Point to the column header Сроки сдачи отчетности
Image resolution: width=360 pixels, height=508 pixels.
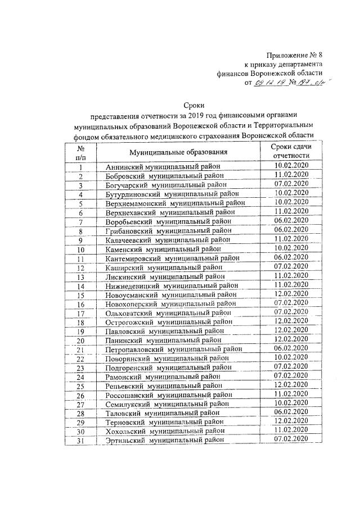click(x=291, y=151)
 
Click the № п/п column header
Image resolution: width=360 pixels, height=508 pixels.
click(x=81, y=152)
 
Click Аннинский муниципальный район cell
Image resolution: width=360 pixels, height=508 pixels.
click(x=162, y=167)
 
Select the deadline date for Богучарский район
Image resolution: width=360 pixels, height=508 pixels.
click(x=291, y=184)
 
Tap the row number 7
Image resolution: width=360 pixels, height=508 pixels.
click(x=81, y=221)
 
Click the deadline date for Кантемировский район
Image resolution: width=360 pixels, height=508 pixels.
click(x=291, y=257)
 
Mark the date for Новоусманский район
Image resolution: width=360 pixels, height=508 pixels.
click(x=291, y=294)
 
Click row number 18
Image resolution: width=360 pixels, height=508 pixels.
click(x=81, y=323)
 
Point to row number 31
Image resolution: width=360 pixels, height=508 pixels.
click(x=81, y=441)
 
